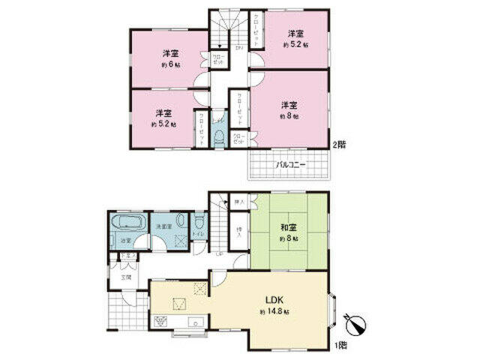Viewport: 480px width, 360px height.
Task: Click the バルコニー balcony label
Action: (289, 163)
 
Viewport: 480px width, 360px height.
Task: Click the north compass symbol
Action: (353, 323)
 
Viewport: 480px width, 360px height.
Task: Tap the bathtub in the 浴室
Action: (126, 224)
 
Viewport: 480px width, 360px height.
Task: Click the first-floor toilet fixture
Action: (198, 223)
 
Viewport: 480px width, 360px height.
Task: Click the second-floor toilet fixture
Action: (218, 136)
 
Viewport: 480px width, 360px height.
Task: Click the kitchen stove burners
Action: (160, 322)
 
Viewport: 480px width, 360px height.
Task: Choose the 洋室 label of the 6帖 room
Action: (171, 54)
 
